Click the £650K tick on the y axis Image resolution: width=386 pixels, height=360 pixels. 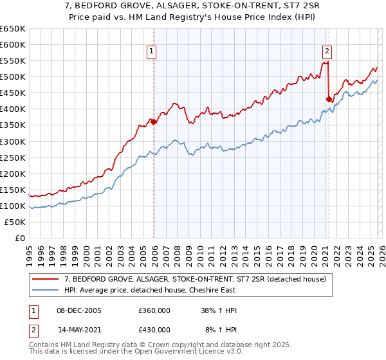[x=13, y=29]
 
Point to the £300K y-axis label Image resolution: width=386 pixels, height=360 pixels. [x=13, y=141]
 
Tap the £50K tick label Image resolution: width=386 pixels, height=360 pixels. [x=15, y=222]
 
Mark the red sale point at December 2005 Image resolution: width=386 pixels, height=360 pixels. [x=154, y=122]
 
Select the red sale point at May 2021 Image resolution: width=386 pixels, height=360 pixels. [x=329, y=99]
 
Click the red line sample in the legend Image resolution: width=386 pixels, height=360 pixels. [x=45, y=279]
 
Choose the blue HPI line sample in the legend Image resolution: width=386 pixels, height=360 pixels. [x=45, y=289]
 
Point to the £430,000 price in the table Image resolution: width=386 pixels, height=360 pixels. [x=154, y=330]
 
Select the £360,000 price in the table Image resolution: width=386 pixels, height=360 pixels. [x=154, y=310]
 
